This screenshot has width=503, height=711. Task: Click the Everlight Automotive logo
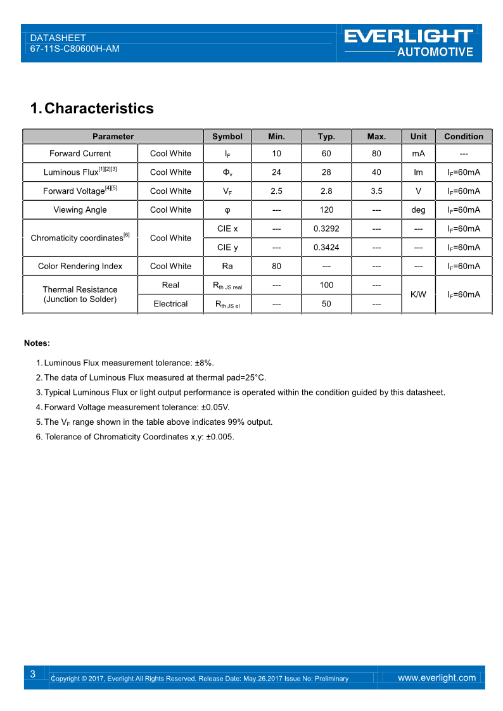[x=409, y=42]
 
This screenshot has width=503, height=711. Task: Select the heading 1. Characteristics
[x=92, y=108]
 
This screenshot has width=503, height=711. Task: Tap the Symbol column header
[x=227, y=136]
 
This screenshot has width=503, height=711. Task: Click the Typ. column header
[x=326, y=136]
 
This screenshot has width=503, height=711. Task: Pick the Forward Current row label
[x=80, y=153]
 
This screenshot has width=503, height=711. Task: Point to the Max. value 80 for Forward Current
[x=376, y=153]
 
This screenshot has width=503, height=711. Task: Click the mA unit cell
[x=418, y=153]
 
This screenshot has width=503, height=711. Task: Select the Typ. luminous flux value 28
[x=326, y=172]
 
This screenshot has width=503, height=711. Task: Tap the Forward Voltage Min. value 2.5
[x=276, y=191]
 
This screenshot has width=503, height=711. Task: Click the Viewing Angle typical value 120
[x=326, y=210]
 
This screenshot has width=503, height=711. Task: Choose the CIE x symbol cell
[x=227, y=228]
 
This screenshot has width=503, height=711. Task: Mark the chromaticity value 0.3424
[x=326, y=247]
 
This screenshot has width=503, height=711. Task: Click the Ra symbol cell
[x=227, y=266]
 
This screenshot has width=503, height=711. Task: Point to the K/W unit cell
[x=418, y=294]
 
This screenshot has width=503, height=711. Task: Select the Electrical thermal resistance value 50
[x=326, y=304]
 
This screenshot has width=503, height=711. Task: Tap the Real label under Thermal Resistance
[x=170, y=285]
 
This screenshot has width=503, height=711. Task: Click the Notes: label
[x=37, y=343]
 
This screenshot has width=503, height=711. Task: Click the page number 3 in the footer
[x=32, y=674]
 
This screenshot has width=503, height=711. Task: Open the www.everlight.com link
[x=436, y=677]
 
